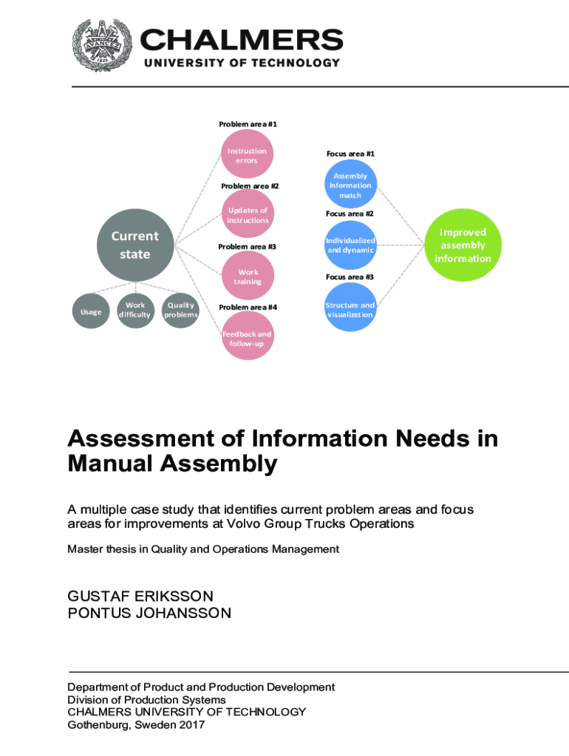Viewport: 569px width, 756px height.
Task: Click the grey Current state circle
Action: click(x=135, y=245)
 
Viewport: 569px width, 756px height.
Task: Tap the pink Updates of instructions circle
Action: click(x=248, y=216)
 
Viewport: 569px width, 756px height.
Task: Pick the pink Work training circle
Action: click(x=247, y=276)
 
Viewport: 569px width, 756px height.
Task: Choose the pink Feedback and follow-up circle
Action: click(x=247, y=338)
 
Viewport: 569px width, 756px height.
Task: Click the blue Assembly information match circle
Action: click(x=350, y=185)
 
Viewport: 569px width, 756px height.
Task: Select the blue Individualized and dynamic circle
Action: click(x=350, y=245)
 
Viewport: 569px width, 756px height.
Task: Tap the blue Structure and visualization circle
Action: click(x=350, y=309)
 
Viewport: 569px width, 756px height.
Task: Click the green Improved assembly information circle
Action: click(x=463, y=245)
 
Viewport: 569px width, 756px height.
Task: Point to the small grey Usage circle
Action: click(x=91, y=312)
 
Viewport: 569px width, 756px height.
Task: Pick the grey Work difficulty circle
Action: click(x=135, y=309)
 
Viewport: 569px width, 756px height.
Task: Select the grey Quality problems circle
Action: click(x=181, y=309)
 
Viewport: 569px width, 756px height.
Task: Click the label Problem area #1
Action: click(x=248, y=124)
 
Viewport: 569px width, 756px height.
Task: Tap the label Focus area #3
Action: click(x=350, y=276)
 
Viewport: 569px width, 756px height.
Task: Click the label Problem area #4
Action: click(x=248, y=307)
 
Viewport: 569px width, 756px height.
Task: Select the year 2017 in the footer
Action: click(x=191, y=724)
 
